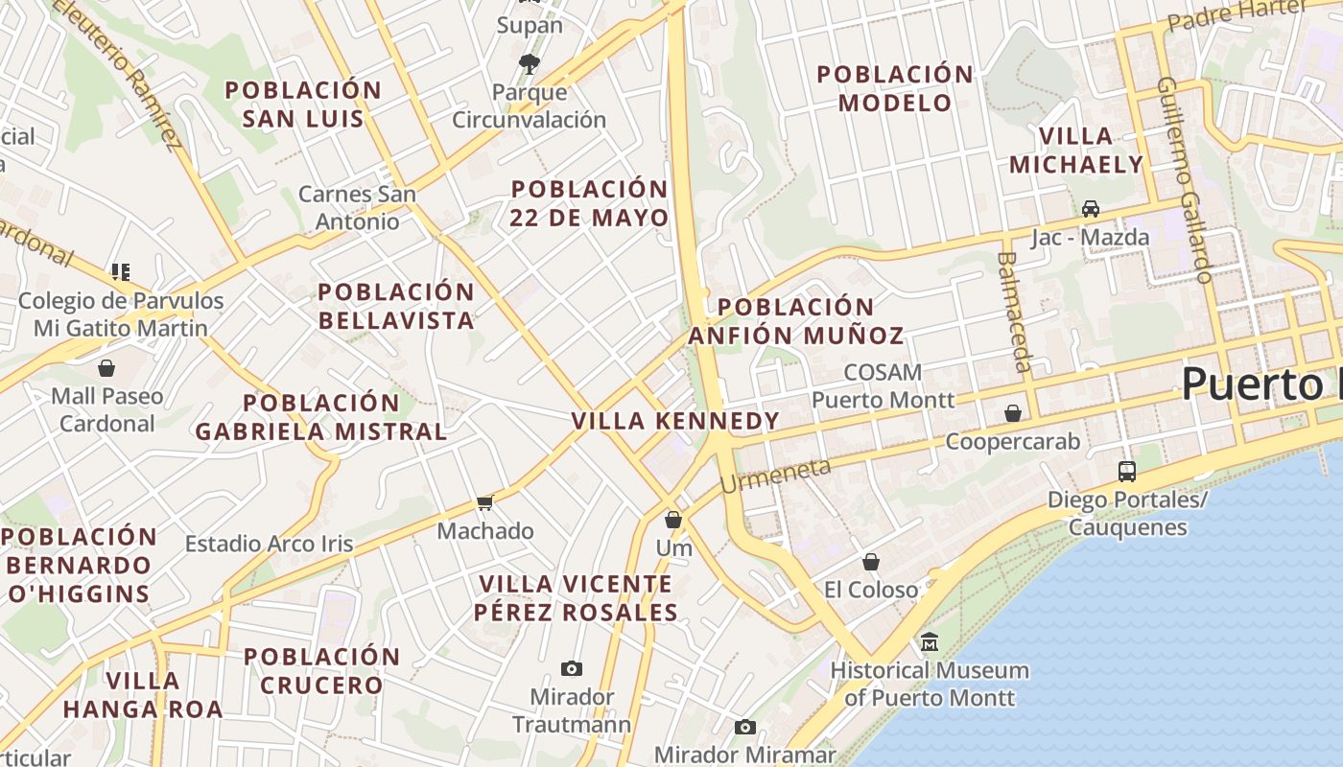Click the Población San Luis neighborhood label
(303, 105)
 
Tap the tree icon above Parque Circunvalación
(529, 64)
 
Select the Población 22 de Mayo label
(589, 203)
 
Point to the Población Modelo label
(895, 88)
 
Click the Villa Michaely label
(1076, 151)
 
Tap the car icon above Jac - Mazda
(1091, 208)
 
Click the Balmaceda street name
(1015, 312)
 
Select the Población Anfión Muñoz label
(796, 321)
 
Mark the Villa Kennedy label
(675, 421)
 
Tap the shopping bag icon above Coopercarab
(1013, 413)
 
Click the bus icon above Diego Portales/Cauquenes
(1127, 471)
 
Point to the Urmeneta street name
(774, 476)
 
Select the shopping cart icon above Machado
(485, 502)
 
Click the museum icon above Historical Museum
(929, 641)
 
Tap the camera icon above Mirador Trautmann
(572, 668)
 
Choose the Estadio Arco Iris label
(269, 545)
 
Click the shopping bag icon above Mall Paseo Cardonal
(106, 368)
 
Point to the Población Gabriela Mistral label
(321, 417)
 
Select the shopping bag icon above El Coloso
(871, 562)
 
